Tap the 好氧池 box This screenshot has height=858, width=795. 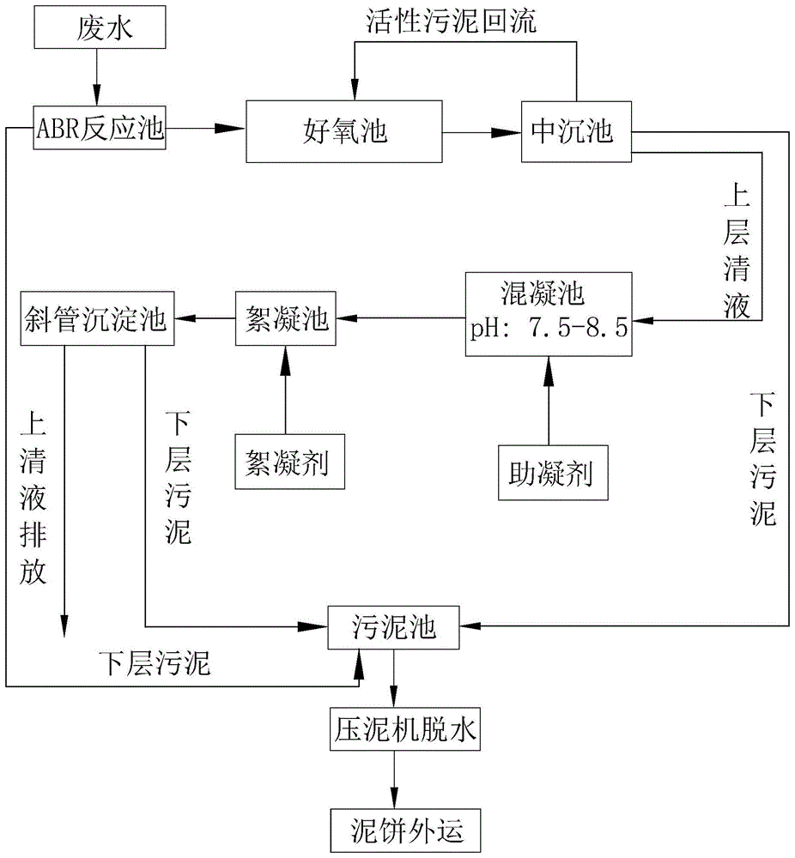[344, 131]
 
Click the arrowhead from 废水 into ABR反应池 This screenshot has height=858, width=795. [95, 98]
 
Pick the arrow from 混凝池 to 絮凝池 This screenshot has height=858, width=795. [399, 319]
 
